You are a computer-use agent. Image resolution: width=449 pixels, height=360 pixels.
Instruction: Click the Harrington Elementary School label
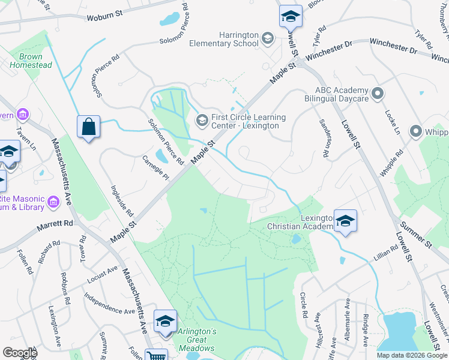[221, 40]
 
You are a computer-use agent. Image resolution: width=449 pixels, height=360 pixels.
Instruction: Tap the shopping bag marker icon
[88, 127]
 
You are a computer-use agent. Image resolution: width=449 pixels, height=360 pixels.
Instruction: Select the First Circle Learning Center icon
[202, 121]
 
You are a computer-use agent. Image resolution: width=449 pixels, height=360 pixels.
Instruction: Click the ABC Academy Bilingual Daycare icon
[378, 94]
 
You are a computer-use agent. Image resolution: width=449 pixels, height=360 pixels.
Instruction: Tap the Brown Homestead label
[31, 61]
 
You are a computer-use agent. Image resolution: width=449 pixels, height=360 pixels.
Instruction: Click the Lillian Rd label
[387, 252]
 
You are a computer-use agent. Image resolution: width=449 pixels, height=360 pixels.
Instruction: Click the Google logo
[20, 353]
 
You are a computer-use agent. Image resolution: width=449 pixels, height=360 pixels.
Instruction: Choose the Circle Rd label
[304, 305]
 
